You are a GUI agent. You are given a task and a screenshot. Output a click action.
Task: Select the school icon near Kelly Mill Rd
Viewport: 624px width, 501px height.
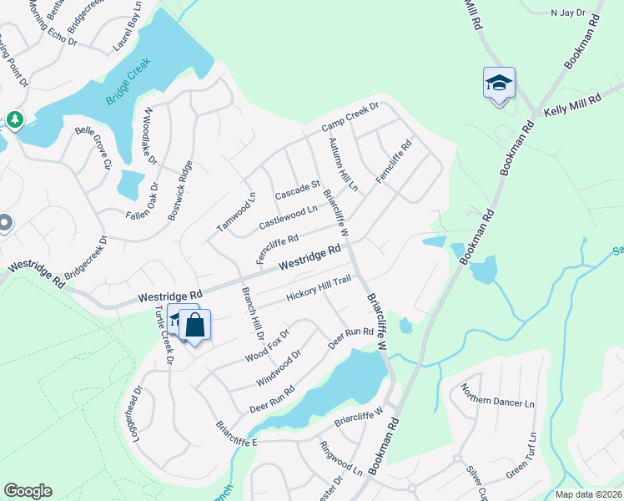(499, 83)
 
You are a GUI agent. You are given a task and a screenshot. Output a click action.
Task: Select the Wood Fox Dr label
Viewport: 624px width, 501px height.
(267, 346)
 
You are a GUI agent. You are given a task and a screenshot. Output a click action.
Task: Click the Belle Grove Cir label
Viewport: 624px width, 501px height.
(93, 143)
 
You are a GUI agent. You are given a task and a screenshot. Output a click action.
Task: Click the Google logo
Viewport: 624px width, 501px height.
(28, 491)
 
